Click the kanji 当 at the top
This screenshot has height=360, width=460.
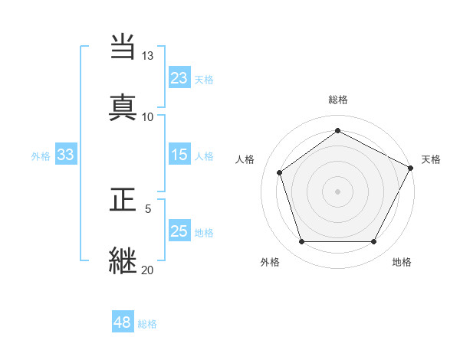[123, 48]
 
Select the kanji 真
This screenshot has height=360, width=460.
[123, 106]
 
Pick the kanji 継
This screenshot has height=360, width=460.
[123, 260]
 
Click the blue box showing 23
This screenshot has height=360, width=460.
[179, 77]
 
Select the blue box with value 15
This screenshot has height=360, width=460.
[179, 155]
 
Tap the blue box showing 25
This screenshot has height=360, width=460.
[179, 231]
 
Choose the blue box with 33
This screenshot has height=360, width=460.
[65, 155]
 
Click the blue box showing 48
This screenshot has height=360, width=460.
[123, 322]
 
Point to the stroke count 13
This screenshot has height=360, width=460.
[147, 57]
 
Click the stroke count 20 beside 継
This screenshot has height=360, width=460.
[147, 269]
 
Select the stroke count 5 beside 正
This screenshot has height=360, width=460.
[148, 208]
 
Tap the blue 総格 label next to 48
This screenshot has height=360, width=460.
[147, 324]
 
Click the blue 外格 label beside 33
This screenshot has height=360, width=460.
[41, 156]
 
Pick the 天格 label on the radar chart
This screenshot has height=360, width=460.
[431, 159]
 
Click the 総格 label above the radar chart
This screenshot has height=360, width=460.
[337, 100]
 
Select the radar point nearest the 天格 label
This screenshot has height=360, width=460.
[412, 167]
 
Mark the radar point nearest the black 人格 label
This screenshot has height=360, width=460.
[280, 172]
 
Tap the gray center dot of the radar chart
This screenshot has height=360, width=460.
[337, 191]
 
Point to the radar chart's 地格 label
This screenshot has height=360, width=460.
[402, 262]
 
